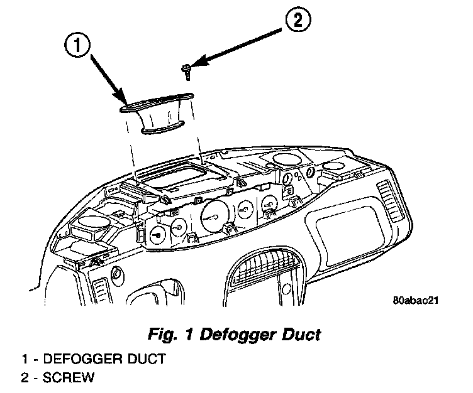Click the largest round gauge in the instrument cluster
coord(214,217)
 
